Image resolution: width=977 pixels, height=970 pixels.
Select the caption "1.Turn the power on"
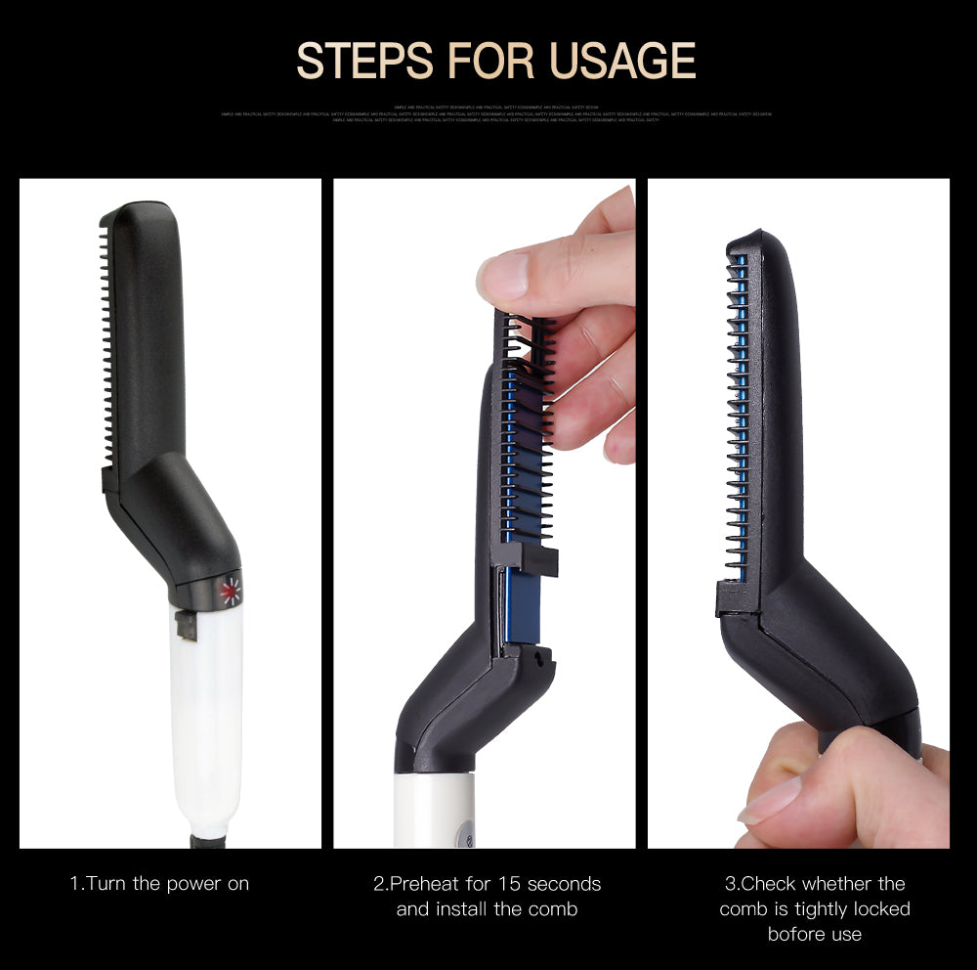160,884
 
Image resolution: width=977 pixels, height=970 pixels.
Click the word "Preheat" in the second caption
427,884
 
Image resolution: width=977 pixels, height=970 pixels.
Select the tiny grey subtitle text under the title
496,113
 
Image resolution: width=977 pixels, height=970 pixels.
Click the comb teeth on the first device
106,352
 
